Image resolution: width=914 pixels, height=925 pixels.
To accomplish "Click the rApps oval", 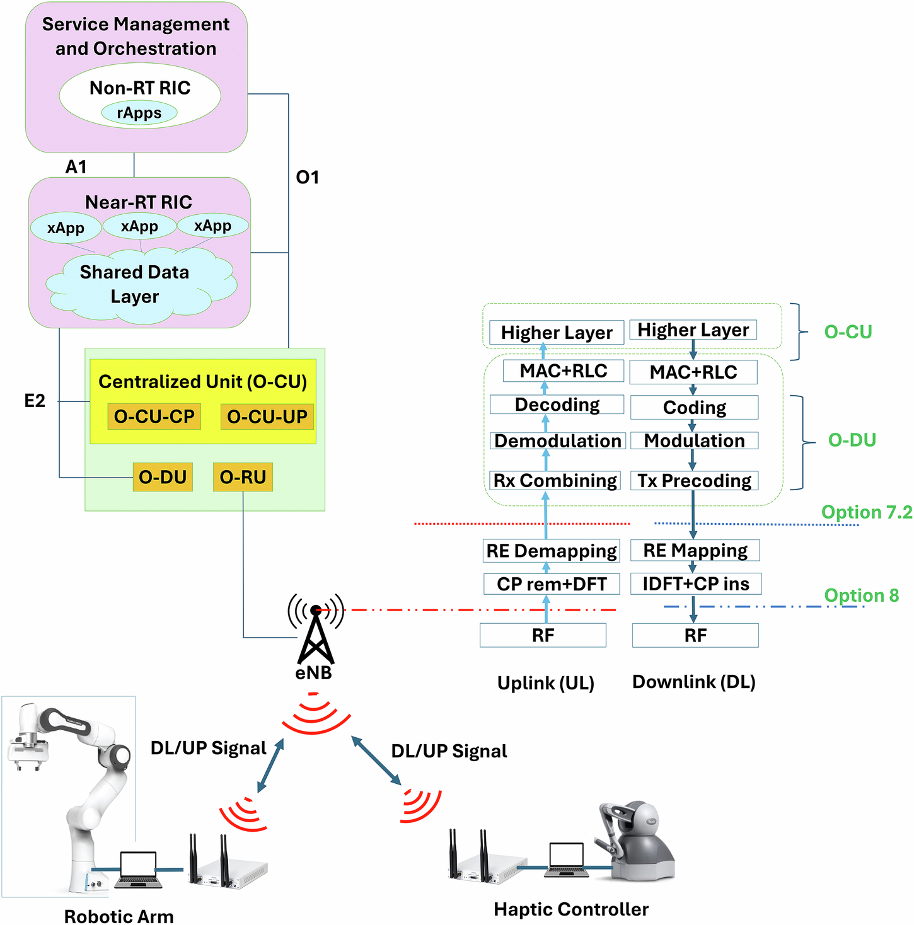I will coord(139,113).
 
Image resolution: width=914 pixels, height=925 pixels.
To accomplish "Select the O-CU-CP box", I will coord(154,417).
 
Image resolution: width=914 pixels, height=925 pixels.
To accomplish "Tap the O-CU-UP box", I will coord(267,417).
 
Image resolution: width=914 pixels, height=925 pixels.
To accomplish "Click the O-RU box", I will coord(243,477).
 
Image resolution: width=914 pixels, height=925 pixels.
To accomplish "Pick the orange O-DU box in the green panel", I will coord(163,477).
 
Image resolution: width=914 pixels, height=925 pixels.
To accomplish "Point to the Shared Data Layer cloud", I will coord(135,285).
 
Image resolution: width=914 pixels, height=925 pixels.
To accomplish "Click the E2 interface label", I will coord(35,401).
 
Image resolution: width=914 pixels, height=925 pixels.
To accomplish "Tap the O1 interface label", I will coord(308,178).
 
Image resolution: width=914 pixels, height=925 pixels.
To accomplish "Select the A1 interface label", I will coord(76,167).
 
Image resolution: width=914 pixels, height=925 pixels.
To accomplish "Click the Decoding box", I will coord(557,405).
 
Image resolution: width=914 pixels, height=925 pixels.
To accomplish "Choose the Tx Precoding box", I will coord(694,481).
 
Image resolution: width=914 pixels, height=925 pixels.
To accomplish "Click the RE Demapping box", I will coord(552,551).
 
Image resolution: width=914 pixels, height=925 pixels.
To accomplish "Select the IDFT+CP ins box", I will coord(696,583).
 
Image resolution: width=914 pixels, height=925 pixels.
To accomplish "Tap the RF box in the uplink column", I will coord(543,635).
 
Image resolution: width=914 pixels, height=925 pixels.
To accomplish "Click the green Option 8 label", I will coord(861,595).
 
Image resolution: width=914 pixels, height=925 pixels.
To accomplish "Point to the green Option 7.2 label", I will coord(867,512).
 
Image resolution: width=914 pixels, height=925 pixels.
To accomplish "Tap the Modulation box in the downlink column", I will coord(694,440).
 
